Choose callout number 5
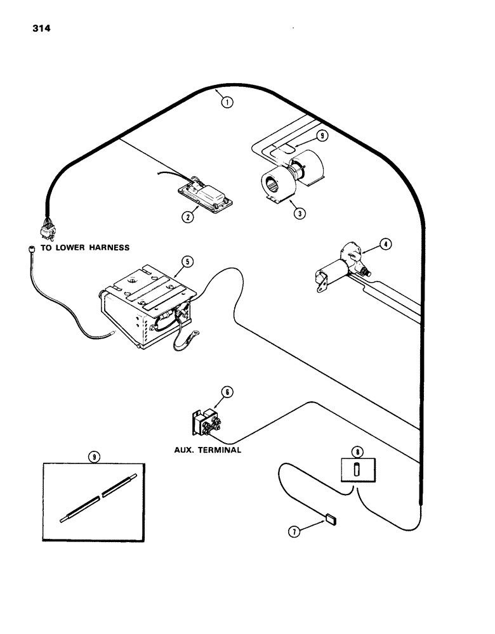click(228, 392)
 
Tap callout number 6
click(294, 532)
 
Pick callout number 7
click(357, 452)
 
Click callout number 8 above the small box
click(322, 135)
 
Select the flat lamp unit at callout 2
click(204, 194)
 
